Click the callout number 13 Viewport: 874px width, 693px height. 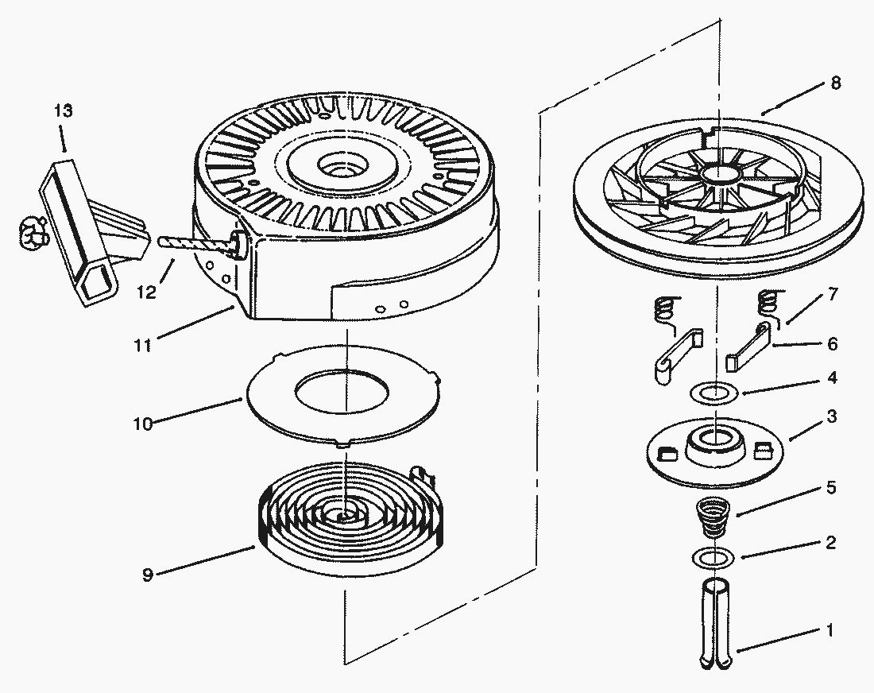(64, 110)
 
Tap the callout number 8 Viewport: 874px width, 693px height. (835, 83)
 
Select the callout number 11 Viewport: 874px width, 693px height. (144, 346)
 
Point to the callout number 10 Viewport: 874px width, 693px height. (142, 424)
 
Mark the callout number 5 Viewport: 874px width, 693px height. (831, 487)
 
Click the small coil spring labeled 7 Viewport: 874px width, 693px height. (768, 303)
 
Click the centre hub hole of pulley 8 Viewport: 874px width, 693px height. (717, 175)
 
